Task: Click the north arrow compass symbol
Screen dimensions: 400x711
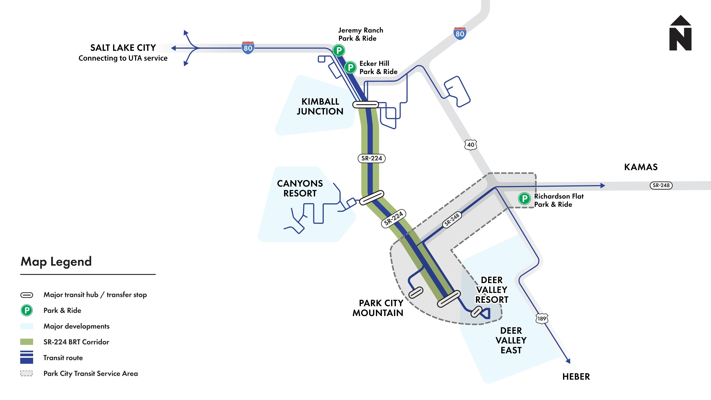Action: (x=680, y=33)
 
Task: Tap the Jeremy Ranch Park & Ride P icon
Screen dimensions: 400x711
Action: (x=339, y=50)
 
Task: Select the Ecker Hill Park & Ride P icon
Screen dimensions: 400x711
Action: (x=350, y=67)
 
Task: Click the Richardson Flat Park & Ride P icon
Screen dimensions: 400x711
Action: (x=524, y=198)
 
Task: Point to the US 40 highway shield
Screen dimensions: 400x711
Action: (x=471, y=145)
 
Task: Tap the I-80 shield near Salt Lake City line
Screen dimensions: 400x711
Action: (x=248, y=48)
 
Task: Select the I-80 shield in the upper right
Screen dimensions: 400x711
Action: (x=459, y=33)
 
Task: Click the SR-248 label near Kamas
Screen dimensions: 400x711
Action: (x=661, y=185)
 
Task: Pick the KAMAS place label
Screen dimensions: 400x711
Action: (x=641, y=167)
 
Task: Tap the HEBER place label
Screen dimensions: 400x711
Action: (x=576, y=376)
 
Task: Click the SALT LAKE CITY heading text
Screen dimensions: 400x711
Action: (x=123, y=48)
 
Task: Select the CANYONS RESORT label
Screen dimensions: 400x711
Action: (x=300, y=188)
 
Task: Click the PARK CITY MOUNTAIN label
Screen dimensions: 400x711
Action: (x=378, y=308)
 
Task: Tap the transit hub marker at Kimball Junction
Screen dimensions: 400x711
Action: (x=365, y=105)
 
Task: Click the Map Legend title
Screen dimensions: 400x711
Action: (x=56, y=261)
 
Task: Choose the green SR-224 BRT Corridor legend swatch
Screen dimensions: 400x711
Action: (x=26, y=342)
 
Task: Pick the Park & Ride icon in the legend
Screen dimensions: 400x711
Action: (x=27, y=310)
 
